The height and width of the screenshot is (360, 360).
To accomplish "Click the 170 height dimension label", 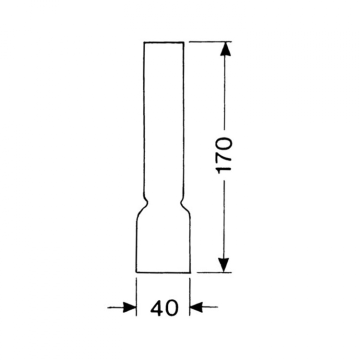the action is (x=224, y=155).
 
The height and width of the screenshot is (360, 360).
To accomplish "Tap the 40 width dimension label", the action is (x=164, y=308).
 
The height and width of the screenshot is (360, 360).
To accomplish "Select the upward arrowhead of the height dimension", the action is (x=225, y=48).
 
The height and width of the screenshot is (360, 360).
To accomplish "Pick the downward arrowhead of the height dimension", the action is (x=223, y=265).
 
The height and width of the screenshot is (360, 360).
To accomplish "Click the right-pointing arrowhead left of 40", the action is (x=129, y=307).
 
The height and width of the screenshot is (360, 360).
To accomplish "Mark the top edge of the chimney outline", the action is (x=163, y=42).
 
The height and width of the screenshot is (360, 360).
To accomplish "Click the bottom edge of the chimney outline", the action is (x=163, y=272).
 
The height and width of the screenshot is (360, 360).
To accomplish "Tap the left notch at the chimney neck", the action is (x=145, y=202).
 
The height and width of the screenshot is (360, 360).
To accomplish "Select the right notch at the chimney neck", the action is (x=182, y=202).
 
